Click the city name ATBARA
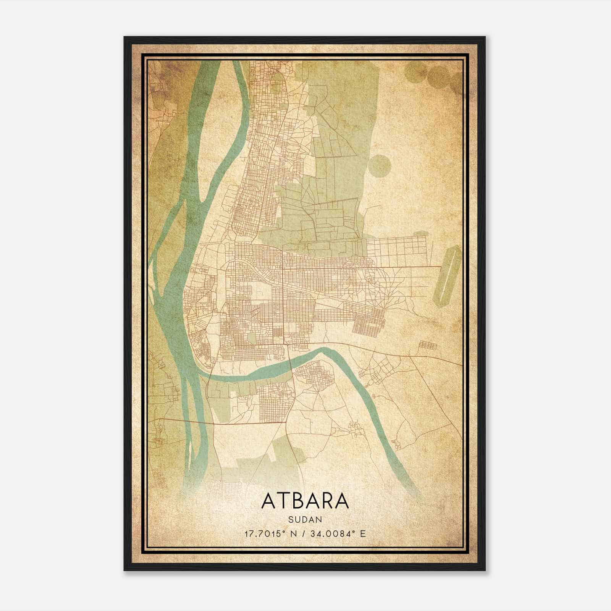(x=305, y=501)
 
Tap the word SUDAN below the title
(x=305, y=519)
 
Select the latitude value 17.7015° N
(x=270, y=533)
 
